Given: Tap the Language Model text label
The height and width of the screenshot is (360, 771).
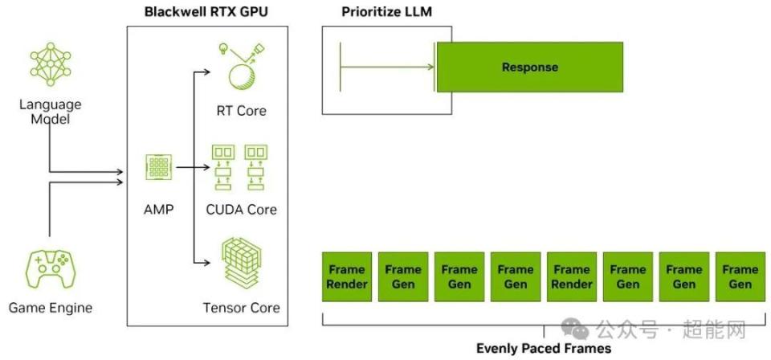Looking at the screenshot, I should point(51,112).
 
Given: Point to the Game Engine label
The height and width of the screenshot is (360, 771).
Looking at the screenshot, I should point(51,308).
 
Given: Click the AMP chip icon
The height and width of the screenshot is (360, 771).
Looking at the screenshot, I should point(157,167).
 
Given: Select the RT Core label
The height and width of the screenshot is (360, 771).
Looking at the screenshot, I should point(241,111).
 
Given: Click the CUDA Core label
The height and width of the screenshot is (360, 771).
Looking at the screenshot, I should point(241,210).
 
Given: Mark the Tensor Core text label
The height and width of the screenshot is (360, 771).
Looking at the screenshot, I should point(241,308).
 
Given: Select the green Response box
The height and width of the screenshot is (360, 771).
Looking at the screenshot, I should point(529,67).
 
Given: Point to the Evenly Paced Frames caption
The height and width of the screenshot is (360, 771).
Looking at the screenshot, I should point(544,349).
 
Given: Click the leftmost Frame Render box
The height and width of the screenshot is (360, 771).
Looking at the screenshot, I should point(347,276).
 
